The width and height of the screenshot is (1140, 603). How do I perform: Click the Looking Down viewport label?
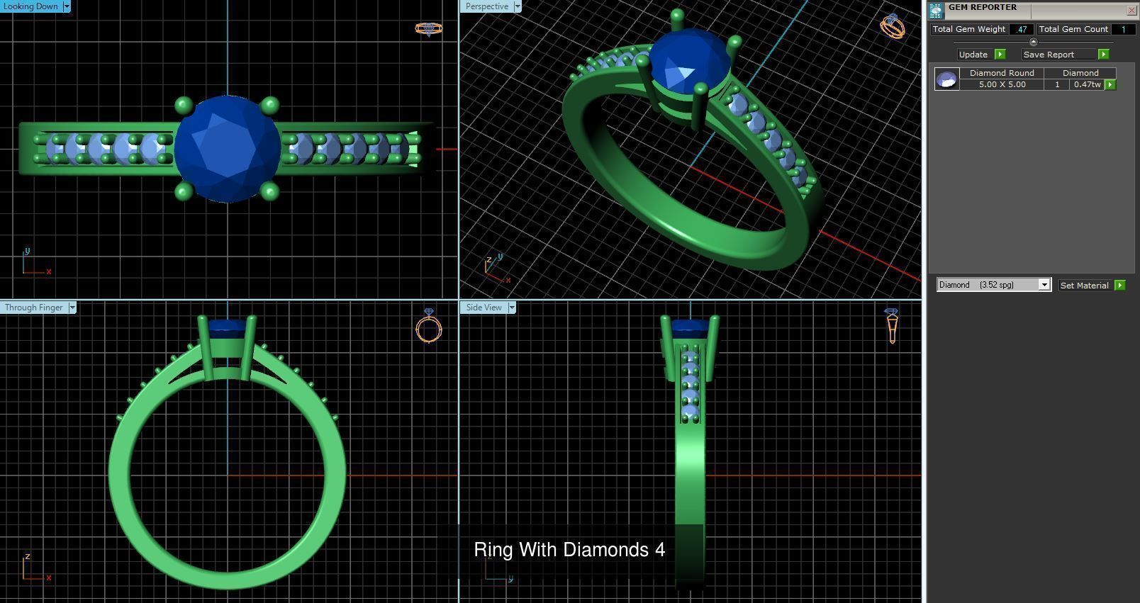[30, 6]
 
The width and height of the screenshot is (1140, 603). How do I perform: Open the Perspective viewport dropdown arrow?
[518, 6]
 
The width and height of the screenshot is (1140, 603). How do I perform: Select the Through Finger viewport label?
[33, 308]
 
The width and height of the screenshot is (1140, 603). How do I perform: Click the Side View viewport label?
[484, 308]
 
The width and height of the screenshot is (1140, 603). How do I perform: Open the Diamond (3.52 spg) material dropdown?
[1044, 285]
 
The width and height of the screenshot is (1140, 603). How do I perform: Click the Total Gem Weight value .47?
[1021, 29]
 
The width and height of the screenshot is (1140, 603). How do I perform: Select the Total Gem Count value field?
[1122, 29]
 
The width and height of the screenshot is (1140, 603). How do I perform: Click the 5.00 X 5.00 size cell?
[1002, 84]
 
